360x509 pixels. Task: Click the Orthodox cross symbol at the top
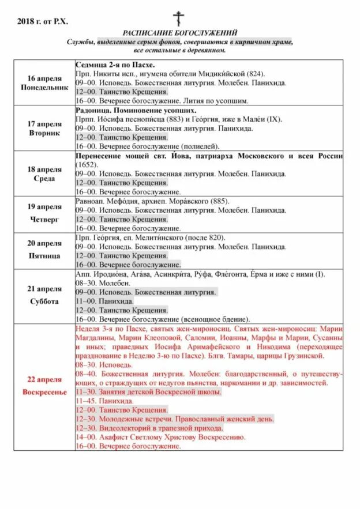point(179,18)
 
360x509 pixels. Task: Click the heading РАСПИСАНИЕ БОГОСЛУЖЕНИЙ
point(179,33)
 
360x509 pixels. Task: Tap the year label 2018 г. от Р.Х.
point(42,21)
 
